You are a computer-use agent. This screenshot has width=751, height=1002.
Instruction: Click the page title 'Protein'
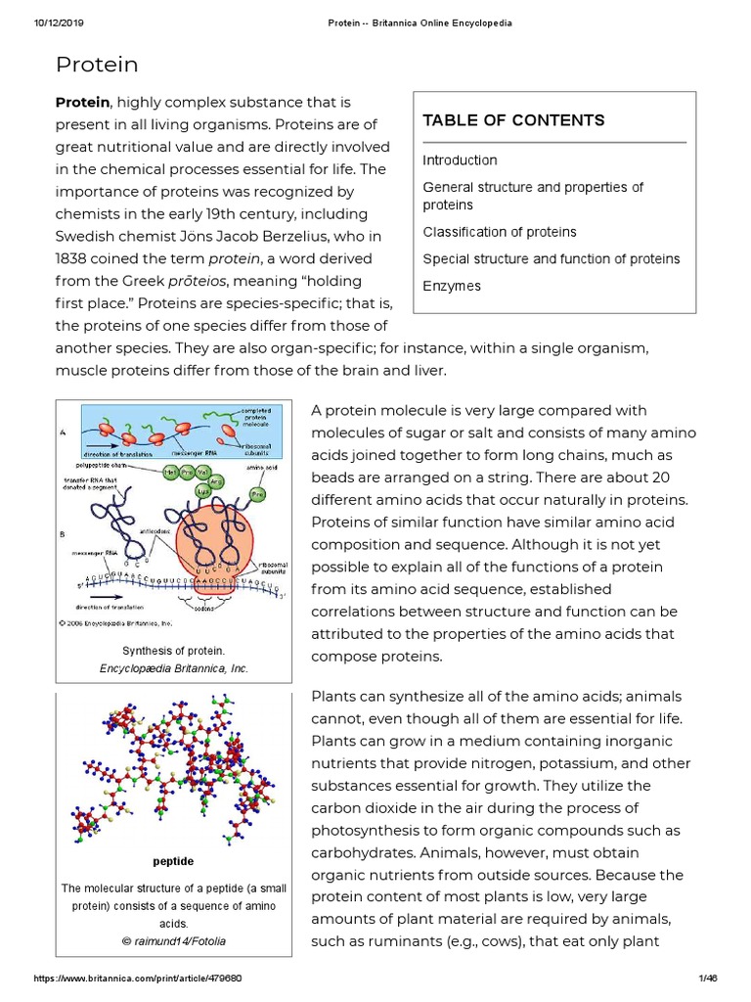tap(97, 66)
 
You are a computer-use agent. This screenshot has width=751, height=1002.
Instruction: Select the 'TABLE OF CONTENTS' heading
tap(513, 120)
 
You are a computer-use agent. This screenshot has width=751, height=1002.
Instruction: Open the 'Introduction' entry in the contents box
tap(460, 160)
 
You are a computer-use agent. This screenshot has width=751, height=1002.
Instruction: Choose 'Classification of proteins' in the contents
tap(499, 233)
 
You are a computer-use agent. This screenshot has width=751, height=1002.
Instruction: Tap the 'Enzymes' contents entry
tap(452, 287)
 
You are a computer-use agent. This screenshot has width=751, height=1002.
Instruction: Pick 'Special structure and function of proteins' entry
tap(551, 259)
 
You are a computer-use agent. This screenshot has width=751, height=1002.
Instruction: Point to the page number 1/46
tap(708, 979)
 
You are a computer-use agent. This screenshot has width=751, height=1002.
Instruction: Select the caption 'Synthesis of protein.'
tap(173, 651)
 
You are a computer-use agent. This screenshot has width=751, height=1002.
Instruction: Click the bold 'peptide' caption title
tap(173, 861)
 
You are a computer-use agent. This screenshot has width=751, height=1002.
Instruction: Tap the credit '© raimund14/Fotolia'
tap(173, 940)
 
